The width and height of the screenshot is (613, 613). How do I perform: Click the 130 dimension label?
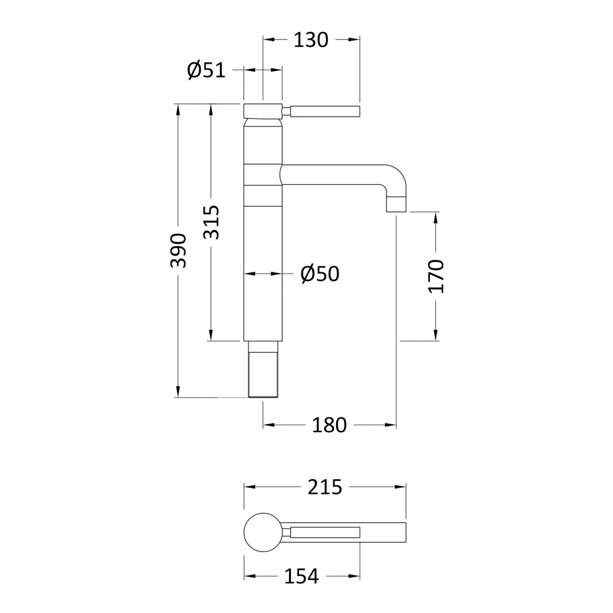pos(311,40)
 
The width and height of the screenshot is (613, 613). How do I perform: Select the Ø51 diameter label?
pos(206,70)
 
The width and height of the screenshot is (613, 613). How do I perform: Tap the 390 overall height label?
pos(178,251)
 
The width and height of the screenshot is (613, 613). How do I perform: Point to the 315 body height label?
pos(211,223)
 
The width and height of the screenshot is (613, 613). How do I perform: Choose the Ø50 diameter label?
pos(320,274)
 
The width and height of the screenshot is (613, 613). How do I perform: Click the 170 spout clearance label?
pos(436,276)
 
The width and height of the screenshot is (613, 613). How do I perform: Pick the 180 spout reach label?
pos(329,425)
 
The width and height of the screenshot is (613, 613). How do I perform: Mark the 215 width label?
pos(325,487)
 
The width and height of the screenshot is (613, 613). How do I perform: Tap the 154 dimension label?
pos(302,577)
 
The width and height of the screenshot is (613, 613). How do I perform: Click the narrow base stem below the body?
pos(263,369)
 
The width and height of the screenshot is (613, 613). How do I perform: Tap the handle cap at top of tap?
pos(262,111)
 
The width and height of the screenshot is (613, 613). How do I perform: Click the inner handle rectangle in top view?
pos(325,532)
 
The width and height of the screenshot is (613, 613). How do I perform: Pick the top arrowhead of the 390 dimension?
pos(178,109)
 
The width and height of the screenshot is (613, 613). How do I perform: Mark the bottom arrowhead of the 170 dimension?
pos(436,336)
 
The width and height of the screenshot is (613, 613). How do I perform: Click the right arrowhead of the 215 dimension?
pos(401,487)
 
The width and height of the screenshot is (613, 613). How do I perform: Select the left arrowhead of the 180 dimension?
pos(268,425)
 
